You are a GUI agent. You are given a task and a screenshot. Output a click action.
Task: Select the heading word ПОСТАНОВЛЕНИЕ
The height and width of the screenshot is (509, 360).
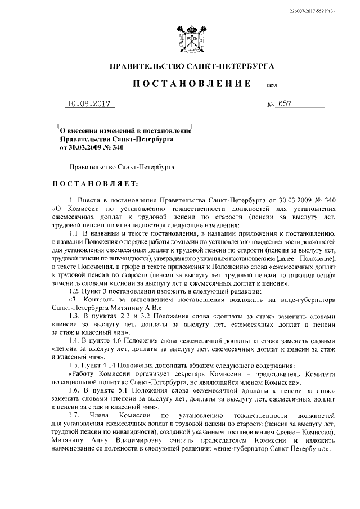point(191,84)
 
